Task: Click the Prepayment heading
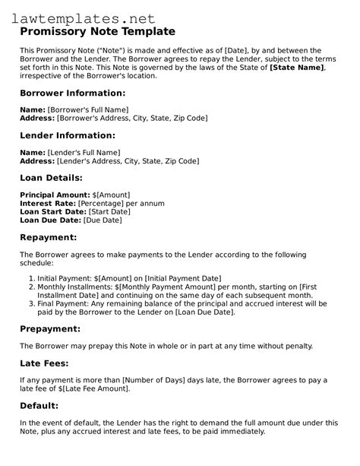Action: pos(54,328)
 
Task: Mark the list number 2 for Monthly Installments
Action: pos(31,287)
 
